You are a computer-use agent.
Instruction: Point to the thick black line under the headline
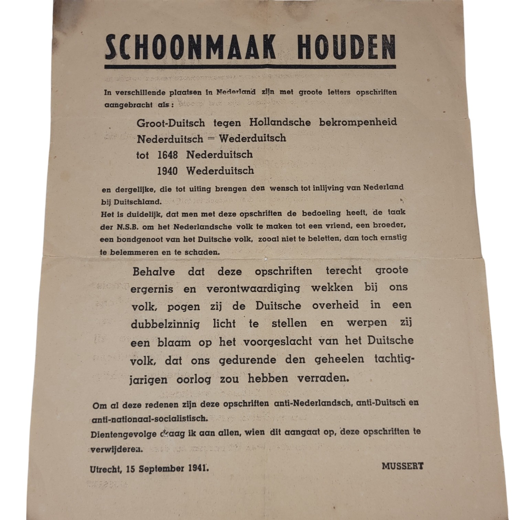click(x=250, y=67)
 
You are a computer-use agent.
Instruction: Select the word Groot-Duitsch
click(x=171, y=123)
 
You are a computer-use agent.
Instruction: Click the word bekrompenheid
click(x=358, y=122)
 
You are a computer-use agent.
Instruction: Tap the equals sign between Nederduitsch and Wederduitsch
click(x=211, y=139)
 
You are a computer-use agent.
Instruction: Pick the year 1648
click(x=167, y=155)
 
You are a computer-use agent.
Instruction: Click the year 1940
click(x=167, y=171)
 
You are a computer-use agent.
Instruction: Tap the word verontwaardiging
click(x=253, y=288)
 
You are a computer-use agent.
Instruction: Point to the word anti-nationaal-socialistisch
click(x=150, y=419)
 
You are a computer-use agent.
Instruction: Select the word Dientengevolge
click(x=123, y=434)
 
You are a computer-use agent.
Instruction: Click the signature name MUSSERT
click(x=402, y=466)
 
